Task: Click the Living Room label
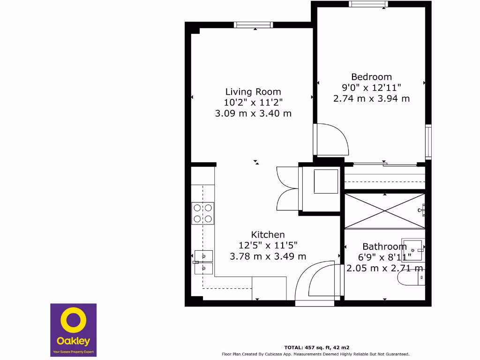253,92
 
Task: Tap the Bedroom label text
371,77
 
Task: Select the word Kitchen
268,235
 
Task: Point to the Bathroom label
384,247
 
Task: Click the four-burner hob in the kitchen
203,213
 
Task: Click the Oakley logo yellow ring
73,321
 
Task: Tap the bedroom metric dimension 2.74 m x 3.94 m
371,98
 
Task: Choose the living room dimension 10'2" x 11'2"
253,103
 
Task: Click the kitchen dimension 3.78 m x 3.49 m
268,256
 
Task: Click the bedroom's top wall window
368,4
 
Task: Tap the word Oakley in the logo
73,341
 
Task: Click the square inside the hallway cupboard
326,181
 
